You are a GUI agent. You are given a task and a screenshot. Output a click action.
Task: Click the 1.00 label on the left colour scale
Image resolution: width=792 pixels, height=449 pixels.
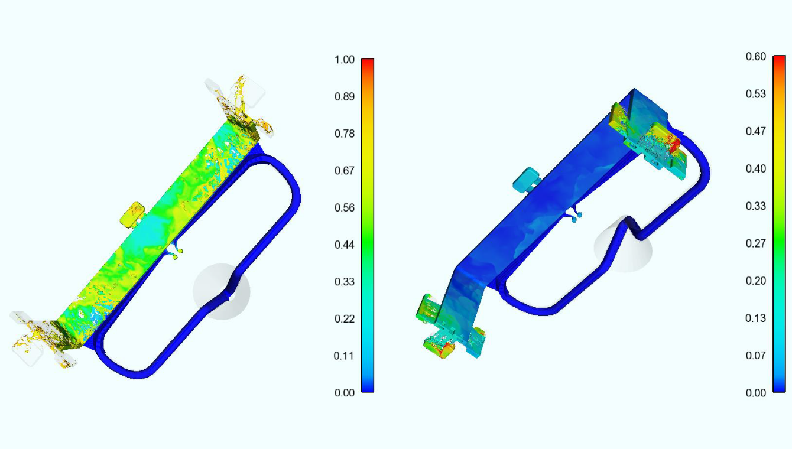coord(345,60)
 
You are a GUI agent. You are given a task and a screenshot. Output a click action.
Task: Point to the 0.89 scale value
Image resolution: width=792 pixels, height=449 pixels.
coord(345,96)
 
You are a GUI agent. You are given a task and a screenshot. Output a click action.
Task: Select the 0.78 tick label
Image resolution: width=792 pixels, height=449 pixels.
coord(345,134)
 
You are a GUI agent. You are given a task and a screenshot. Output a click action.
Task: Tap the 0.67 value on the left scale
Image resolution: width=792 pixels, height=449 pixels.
coord(345,171)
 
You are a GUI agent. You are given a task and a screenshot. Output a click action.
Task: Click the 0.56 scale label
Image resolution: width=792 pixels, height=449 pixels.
coord(345,207)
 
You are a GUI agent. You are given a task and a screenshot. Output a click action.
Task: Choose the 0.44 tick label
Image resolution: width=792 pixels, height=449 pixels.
coord(345,245)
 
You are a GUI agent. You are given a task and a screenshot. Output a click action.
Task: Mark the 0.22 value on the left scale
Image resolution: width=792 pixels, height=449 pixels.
coord(345,319)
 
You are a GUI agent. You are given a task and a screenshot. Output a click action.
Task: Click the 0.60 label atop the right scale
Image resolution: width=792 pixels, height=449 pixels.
coord(755,57)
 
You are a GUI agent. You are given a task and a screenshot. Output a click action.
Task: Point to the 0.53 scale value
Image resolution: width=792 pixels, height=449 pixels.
coord(755,94)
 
